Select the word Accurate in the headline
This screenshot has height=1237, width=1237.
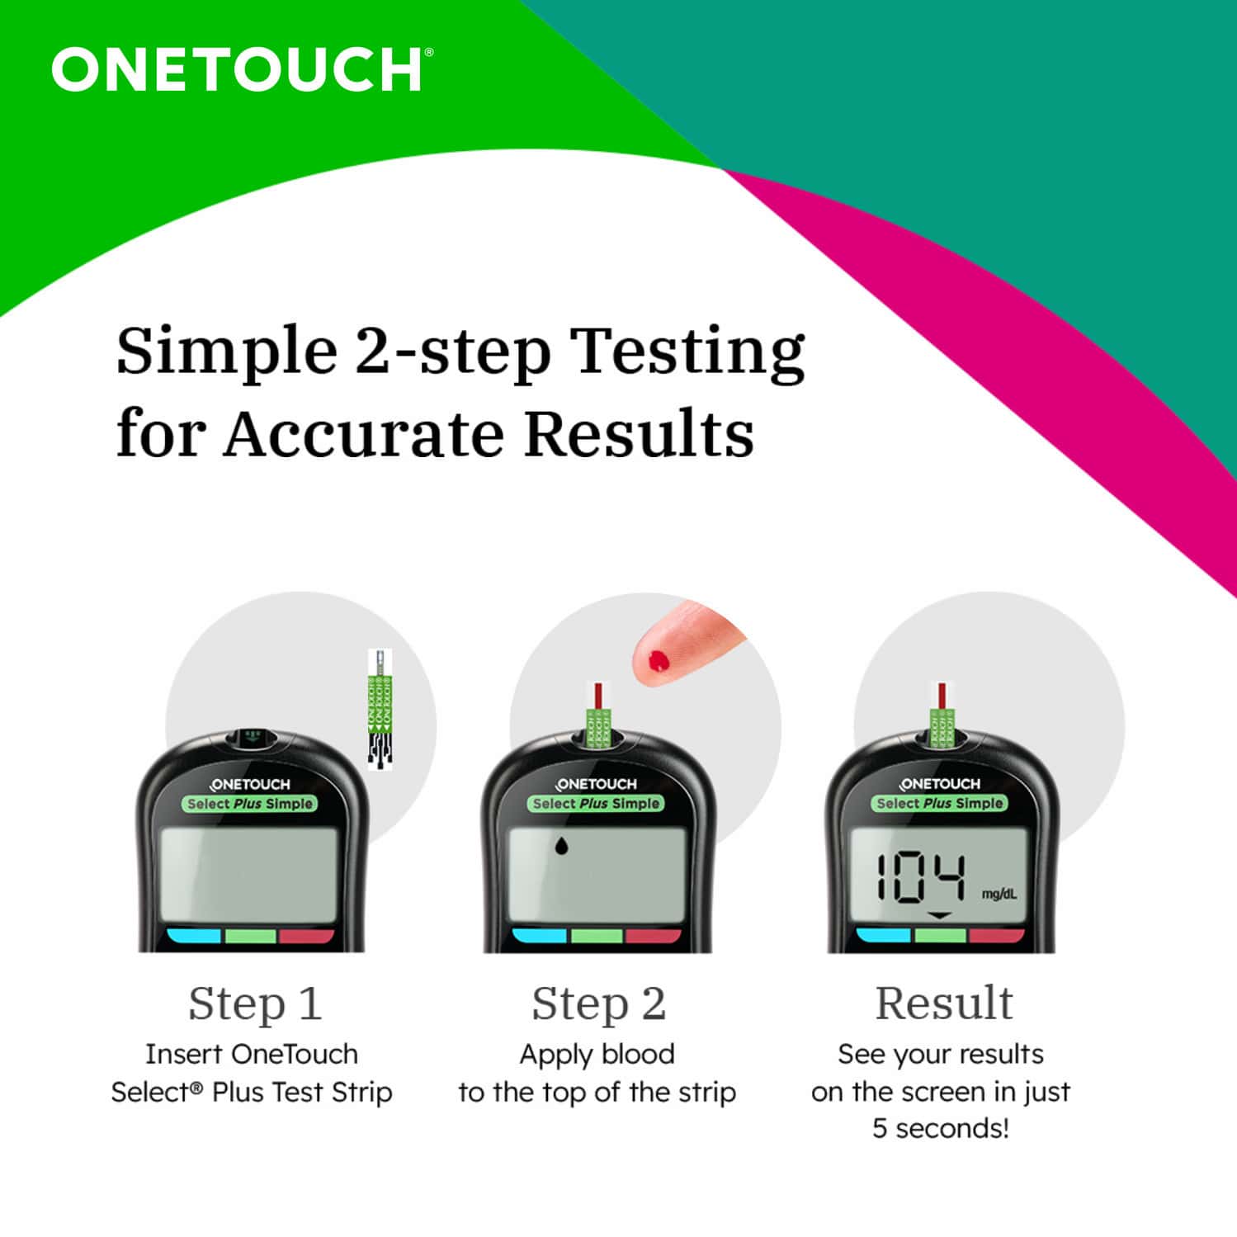pyautogui.click(x=363, y=434)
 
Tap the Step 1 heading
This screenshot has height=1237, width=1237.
pyautogui.click(x=254, y=1003)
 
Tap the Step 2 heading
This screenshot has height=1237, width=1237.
pyautogui.click(x=598, y=1003)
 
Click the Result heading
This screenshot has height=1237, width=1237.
pyautogui.click(x=943, y=1003)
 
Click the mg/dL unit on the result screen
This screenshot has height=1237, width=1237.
pyautogui.click(x=999, y=895)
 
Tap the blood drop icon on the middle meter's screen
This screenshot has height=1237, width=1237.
pyautogui.click(x=561, y=845)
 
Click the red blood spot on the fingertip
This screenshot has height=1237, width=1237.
pyautogui.click(x=659, y=660)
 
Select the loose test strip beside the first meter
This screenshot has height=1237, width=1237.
pyautogui.click(x=380, y=710)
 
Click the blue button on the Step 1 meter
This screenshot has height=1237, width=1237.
pyautogui.click(x=194, y=937)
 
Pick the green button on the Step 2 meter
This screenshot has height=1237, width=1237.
pyautogui.click(x=597, y=937)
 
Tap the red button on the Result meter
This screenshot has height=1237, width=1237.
pyautogui.click(x=996, y=936)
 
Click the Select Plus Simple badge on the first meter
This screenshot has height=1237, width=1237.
pyautogui.click(x=250, y=804)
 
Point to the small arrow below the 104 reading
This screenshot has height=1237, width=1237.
pyautogui.click(x=940, y=916)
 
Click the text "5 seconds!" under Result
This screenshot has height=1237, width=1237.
pyautogui.click(x=941, y=1128)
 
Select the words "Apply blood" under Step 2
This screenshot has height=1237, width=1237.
pyautogui.click(x=597, y=1054)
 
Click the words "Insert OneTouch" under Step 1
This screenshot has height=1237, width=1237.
pyautogui.click(x=251, y=1054)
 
